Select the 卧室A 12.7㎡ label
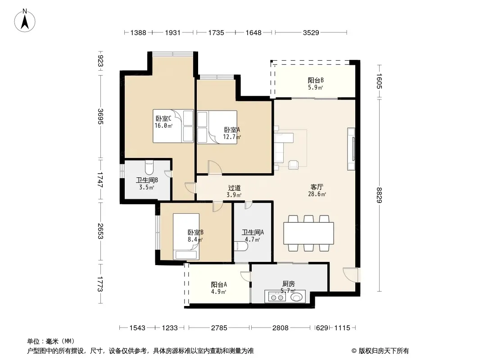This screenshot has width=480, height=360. tap(232, 133)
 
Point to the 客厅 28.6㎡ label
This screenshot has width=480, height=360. tap(317, 190)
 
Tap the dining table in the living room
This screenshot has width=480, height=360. tap(308, 233)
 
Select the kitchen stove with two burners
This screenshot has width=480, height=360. tap(277, 297)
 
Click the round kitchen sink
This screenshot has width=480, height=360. tap(297, 297)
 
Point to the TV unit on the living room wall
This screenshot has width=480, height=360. tap(351, 149)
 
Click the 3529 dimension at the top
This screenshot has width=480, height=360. tap(311, 32)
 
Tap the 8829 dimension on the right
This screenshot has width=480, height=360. tap(380, 195)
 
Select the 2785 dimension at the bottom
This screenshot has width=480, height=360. tap(219, 328)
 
